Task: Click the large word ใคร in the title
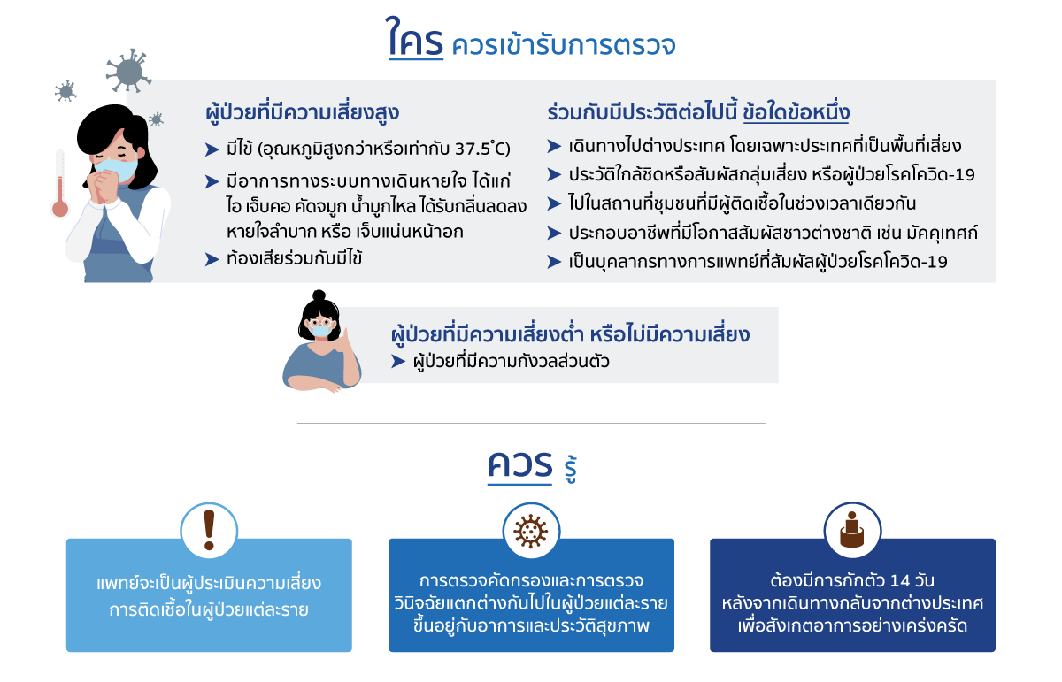415,37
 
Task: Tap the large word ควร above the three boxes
519,465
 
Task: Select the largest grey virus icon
128,71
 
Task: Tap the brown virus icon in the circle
531,532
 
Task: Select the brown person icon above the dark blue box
852,529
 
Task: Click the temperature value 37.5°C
482,149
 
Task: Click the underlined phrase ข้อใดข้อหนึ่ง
796,112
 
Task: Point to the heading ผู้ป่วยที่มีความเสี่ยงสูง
303,113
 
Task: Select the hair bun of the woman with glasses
319,295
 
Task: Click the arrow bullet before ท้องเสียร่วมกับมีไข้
212,259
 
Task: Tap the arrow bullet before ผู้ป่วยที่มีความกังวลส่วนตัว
398,362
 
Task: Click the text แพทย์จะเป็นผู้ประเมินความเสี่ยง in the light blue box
209,584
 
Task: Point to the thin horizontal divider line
531,423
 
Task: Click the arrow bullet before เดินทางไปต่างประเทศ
554,146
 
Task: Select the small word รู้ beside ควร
570,468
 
